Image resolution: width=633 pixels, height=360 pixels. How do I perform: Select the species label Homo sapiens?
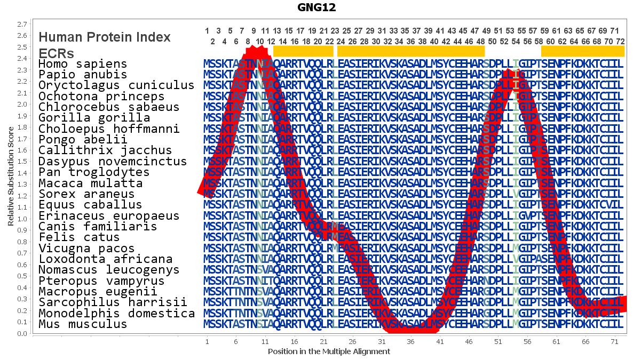[83, 64]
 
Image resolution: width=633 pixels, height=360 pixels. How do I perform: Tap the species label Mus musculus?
[83, 324]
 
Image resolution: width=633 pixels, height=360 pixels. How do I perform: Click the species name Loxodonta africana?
[106, 259]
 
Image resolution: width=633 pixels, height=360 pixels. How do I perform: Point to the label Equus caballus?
[90, 205]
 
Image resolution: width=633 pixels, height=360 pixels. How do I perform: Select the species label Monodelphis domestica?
[117, 313]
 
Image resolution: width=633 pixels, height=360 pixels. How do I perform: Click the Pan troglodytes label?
[94, 172]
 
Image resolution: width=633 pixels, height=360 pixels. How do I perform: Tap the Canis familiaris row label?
[98, 227]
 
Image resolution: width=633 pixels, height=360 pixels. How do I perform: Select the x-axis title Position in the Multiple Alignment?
[329, 351]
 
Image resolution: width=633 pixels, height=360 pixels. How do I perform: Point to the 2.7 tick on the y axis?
[22, 24]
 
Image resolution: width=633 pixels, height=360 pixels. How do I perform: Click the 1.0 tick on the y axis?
[22, 219]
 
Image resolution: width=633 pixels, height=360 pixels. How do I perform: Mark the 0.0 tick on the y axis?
[22, 334]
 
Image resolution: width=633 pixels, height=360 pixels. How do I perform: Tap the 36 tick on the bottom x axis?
[410, 342]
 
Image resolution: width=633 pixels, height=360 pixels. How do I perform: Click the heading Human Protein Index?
[105, 37]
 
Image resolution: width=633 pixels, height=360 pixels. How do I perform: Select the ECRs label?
[56, 54]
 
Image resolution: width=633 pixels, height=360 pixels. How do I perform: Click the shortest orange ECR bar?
[303, 51]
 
